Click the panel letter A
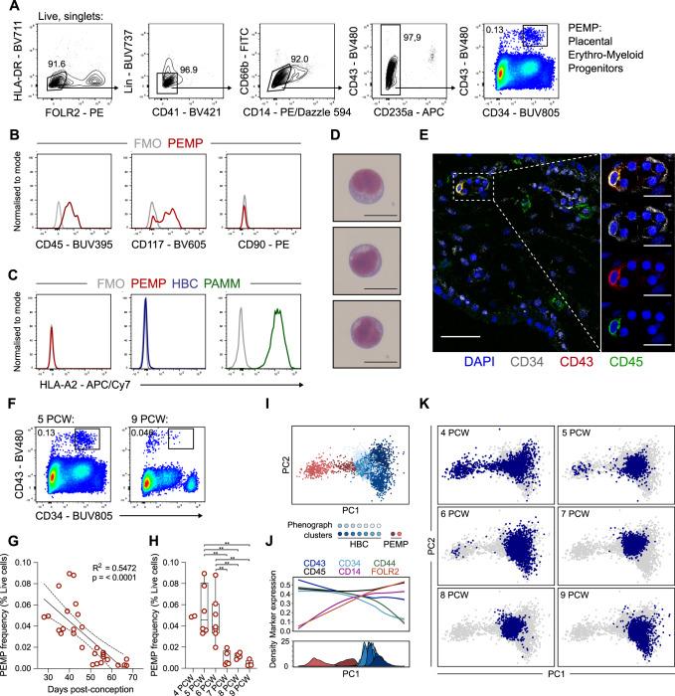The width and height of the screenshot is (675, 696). (x=8, y=8)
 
